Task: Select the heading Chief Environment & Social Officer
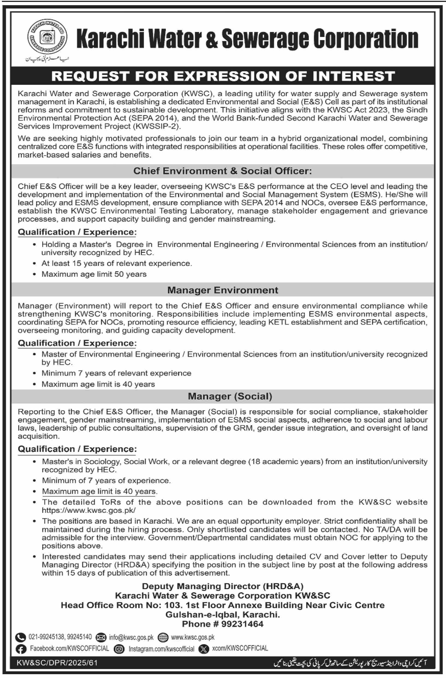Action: coord(222,171)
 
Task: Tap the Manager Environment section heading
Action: coord(222,290)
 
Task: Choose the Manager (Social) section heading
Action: coord(230,396)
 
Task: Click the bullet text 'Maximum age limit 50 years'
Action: coord(94,274)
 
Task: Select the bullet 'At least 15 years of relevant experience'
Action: coord(116,263)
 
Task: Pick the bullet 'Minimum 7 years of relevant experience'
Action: coord(116,373)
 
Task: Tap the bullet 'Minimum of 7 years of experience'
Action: coord(106,480)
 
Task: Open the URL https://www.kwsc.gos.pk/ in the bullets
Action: coord(89,510)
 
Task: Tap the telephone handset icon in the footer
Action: coord(20,637)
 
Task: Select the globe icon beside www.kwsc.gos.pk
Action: coord(163,638)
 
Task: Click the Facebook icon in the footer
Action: coord(21,649)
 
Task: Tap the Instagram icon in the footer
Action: coord(119,649)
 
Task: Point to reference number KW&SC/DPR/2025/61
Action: coord(57,663)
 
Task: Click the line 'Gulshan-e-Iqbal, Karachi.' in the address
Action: coord(222,614)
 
